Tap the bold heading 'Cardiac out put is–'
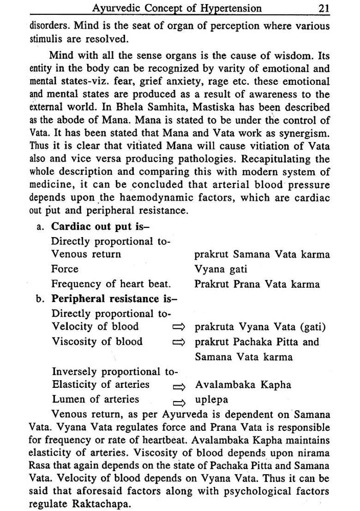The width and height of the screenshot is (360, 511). click(x=101, y=226)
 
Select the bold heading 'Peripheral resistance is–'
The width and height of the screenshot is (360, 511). click(x=114, y=298)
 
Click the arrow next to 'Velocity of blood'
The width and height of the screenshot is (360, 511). click(x=178, y=327)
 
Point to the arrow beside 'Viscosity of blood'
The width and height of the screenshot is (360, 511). click(x=178, y=342)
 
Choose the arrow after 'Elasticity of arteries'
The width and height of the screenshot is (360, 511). click(x=179, y=386)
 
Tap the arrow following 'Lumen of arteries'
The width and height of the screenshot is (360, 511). click(x=179, y=401)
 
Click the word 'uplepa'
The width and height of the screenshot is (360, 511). click(x=211, y=400)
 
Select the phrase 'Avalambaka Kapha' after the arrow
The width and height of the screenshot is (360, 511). click(x=243, y=385)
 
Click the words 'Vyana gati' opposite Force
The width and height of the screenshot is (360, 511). click(x=221, y=269)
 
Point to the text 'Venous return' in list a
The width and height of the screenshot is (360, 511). click(x=86, y=254)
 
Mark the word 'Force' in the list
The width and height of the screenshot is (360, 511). click(x=65, y=269)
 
